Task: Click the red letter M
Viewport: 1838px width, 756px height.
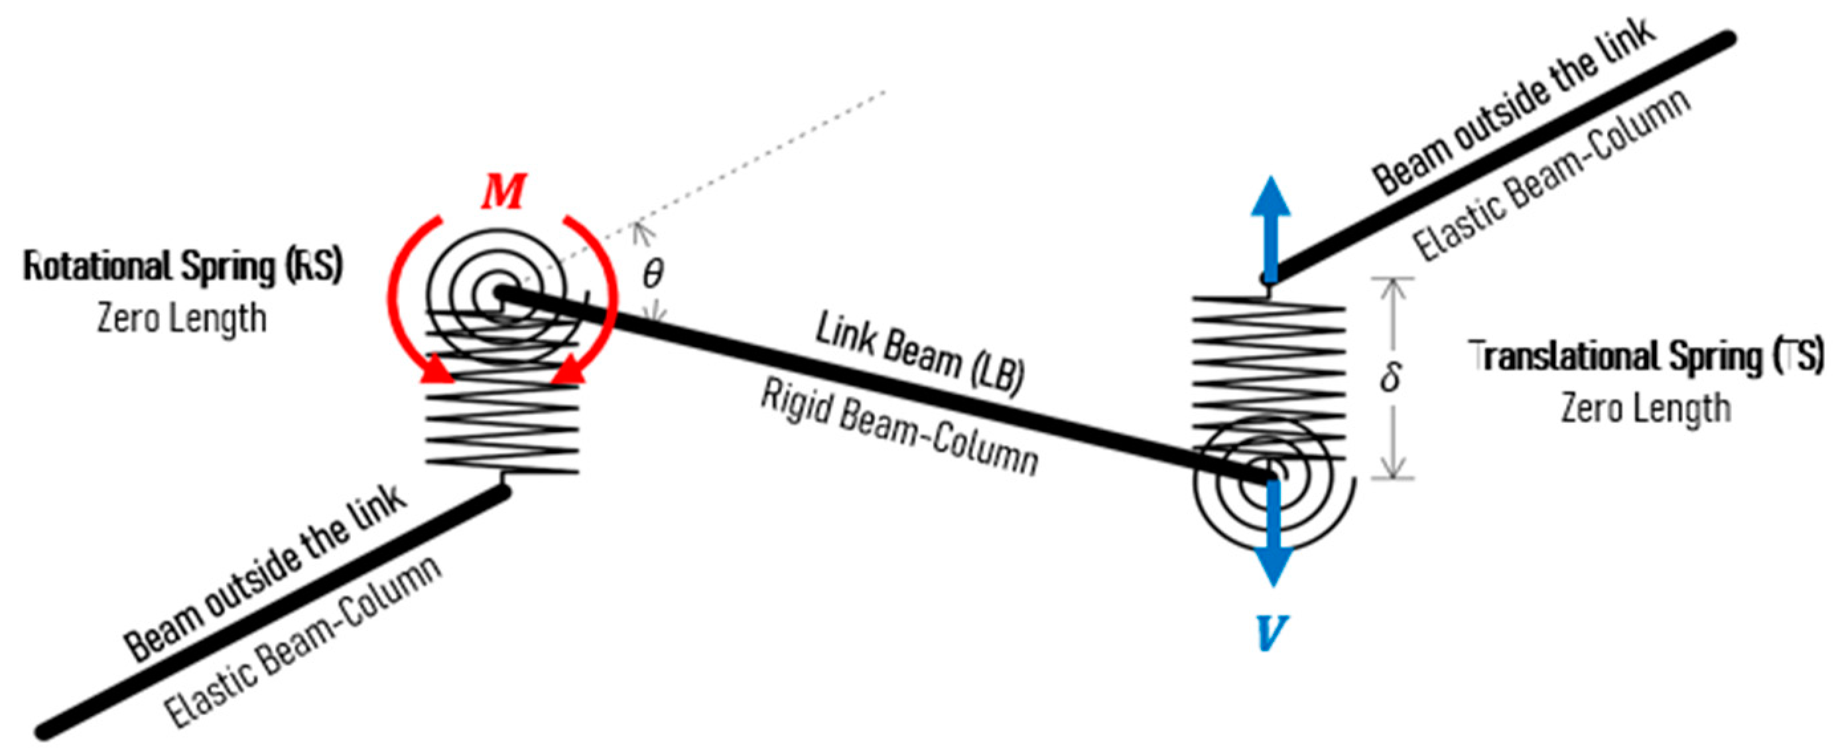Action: (503, 191)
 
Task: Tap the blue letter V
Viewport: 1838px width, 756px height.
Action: (1272, 633)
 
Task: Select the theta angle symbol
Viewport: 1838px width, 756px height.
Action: (652, 273)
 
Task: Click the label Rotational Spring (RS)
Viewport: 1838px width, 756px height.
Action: (183, 267)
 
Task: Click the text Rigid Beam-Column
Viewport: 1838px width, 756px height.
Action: (899, 428)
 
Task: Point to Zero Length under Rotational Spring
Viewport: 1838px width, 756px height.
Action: (182, 319)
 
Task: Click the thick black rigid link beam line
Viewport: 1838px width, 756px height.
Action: (885, 386)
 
